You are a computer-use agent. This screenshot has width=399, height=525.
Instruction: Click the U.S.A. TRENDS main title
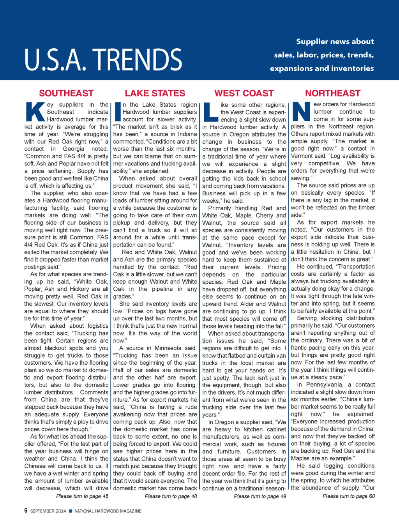pos(103,60)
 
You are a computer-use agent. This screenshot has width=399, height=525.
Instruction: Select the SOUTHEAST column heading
pos(66,93)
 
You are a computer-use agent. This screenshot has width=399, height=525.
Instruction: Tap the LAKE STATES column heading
pos(155,93)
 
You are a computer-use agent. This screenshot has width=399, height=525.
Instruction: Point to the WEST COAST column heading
pos(244,93)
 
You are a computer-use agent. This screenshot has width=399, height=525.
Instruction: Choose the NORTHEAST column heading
pos(333,93)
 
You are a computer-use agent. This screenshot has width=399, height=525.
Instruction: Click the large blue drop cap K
pos(35,111)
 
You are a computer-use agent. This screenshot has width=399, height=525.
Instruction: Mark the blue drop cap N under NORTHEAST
pos(301,111)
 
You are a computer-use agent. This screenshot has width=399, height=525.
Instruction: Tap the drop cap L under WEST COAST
pos(211,112)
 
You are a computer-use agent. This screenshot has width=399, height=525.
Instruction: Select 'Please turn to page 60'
pos(348,496)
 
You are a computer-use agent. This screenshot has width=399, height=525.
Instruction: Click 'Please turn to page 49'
pos(260,496)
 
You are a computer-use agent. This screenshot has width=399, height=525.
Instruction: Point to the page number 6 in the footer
pos(26,511)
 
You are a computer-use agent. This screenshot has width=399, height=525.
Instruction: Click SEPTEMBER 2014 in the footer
pos(48,511)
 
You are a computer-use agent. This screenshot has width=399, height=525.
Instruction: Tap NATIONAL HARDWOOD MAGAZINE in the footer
pos(108,511)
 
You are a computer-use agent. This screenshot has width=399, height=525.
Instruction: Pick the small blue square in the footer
pos(71,511)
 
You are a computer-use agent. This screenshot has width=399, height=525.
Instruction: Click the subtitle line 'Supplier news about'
pos(335,42)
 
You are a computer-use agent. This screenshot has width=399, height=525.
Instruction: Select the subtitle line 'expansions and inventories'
pos(322,68)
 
